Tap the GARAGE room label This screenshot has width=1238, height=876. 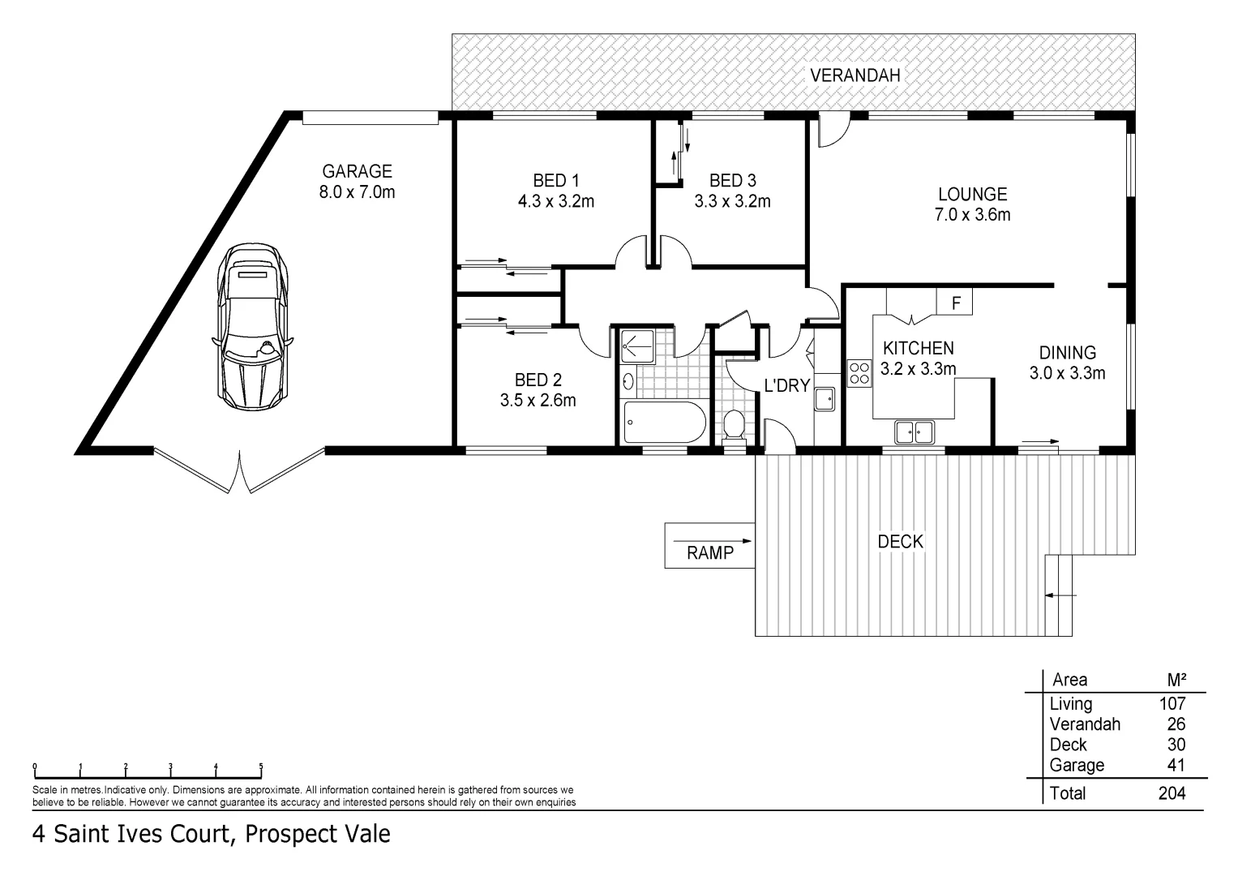pos(357,171)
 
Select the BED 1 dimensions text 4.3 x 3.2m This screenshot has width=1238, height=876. pos(556,201)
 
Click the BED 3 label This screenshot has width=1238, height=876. pos(732,180)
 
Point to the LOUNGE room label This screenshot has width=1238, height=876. pos(972,194)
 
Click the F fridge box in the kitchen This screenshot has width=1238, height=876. pos(955,303)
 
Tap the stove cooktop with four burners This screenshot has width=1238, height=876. pos(859,373)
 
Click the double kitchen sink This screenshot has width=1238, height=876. pos(915,432)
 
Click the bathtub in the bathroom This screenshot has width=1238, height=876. pos(664,423)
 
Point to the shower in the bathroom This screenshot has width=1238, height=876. pos(637,346)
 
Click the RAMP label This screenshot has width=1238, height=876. pos(709,553)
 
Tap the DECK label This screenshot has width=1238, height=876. pos(900,542)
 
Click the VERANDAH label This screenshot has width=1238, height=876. pos(855,75)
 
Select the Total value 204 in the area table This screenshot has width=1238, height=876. pos(1172,793)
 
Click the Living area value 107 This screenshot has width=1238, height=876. pos(1172,704)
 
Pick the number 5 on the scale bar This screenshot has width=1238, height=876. pos(261,766)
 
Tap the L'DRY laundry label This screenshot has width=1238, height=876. pos(786,386)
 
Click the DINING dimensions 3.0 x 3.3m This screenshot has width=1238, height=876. pos(1067,373)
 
